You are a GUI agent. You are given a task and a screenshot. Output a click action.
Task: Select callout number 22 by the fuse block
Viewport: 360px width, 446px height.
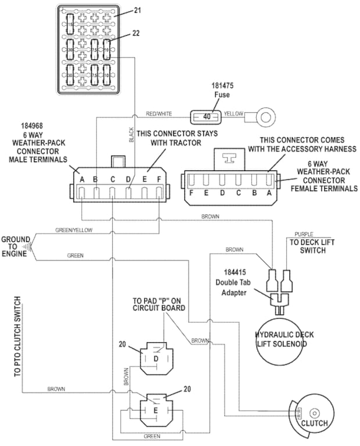[x=136, y=34]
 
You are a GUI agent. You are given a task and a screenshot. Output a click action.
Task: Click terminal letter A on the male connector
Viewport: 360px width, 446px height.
[x=82, y=179]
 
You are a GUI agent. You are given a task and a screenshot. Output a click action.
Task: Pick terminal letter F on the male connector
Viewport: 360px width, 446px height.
[x=159, y=179]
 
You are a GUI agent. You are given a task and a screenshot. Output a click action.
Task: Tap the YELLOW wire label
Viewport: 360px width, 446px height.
[x=233, y=114]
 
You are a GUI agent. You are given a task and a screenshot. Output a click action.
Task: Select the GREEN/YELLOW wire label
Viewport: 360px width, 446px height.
[x=74, y=230]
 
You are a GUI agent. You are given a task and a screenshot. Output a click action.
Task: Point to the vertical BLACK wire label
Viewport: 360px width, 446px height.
[x=131, y=135]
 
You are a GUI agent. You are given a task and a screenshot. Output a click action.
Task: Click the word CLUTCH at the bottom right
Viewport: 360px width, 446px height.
[x=314, y=423]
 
